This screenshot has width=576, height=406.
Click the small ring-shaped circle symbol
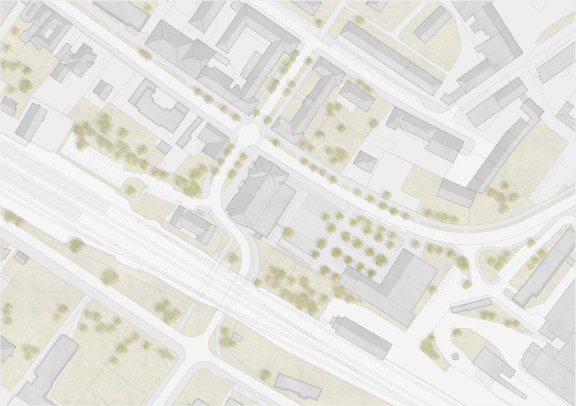tap(455, 357)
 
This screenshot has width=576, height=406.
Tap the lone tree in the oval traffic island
tap(130, 191)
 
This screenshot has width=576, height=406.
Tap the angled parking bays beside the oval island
tap(99, 164)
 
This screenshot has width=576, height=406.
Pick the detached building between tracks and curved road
tap(194, 223)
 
